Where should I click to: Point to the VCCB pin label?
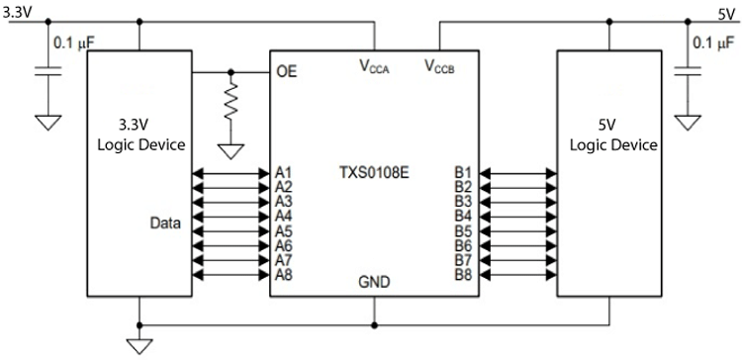pyautogui.click(x=441, y=66)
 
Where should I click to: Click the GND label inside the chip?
pyautogui.click(x=374, y=282)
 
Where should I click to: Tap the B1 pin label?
pyautogui.click(x=463, y=171)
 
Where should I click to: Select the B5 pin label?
pyautogui.click(x=463, y=230)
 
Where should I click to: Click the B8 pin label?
pyautogui.click(x=463, y=274)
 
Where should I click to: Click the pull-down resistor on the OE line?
pyautogui.click(x=232, y=101)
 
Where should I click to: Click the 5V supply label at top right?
pyautogui.click(x=726, y=14)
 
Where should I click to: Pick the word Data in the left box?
pyautogui.click(x=166, y=223)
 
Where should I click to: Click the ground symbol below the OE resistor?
pyautogui.click(x=232, y=151)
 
